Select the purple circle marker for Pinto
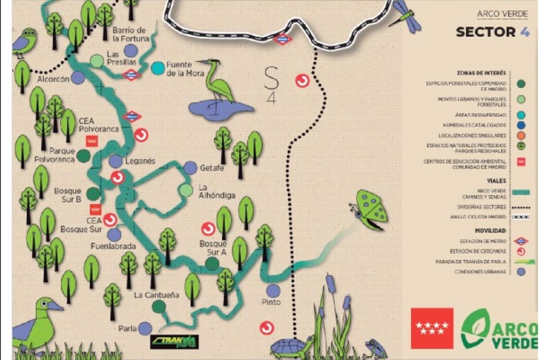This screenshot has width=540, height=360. [273, 291]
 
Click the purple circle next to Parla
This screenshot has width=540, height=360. [145, 328]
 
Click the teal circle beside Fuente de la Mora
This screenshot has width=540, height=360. [157, 68]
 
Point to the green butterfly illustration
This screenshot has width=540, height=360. [370, 209]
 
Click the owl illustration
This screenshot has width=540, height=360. [24, 43]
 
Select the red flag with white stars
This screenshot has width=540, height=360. [432, 328]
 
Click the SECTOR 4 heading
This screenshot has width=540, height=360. [492, 32]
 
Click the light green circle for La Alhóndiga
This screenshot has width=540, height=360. [186, 190]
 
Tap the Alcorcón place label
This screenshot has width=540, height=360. [54, 79]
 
